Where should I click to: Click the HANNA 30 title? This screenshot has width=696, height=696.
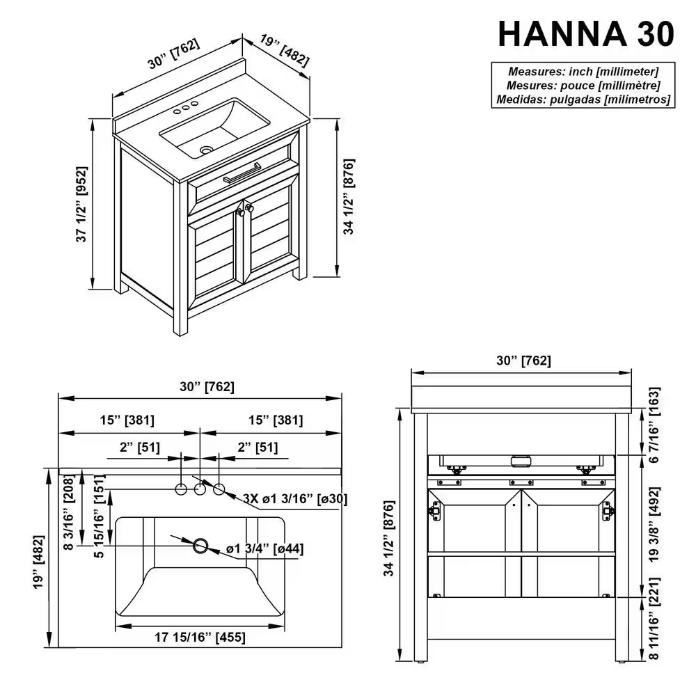coord(586,33)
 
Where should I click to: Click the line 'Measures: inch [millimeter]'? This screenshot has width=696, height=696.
coord(583,71)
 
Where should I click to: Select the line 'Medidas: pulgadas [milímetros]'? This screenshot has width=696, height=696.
coord(583,100)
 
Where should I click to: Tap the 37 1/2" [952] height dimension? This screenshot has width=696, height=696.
coord(81,205)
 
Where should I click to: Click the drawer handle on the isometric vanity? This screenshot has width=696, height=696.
coord(242,173)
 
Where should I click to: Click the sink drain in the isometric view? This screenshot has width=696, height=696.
coord(205,150)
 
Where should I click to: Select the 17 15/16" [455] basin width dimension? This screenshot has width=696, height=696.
coord(200,636)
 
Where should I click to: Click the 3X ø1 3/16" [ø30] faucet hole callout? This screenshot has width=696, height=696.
coord(294,498)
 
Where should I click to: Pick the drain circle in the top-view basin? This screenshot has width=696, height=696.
coord(201,545)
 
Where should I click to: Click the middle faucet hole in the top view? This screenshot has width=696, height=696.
coord(200,489)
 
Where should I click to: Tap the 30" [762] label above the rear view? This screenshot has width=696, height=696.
coord(523,361)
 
